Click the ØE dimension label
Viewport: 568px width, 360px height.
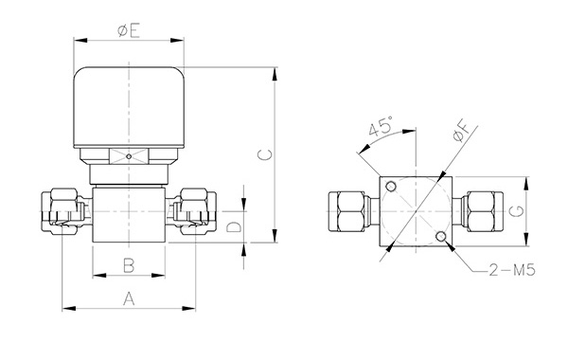pyautogui.click(x=129, y=31)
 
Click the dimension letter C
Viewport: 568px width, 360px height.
pyautogui.click(x=264, y=155)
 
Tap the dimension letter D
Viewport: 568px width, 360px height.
pyautogui.click(x=234, y=227)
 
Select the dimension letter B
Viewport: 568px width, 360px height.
pyautogui.click(x=129, y=265)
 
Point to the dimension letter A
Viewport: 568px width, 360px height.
pyautogui.click(x=129, y=299)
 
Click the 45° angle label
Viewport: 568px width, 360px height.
pyautogui.click(x=381, y=126)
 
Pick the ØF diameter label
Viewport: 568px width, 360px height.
pyautogui.click(x=463, y=132)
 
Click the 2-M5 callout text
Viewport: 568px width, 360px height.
pyautogui.click(x=512, y=270)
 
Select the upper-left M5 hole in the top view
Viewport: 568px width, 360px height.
pyautogui.click(x=391, y=187)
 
